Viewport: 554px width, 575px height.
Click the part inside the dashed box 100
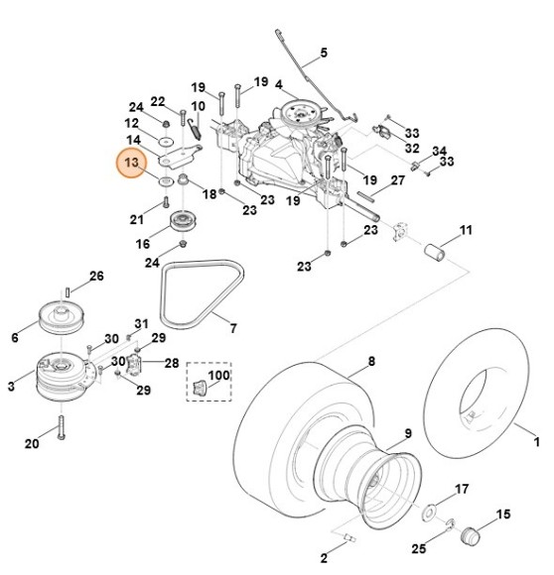pyautogui.click(x=200, y=387)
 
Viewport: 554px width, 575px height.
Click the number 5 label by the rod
pyautogui.click(x=323, y=54)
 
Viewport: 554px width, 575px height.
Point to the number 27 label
pyautogui.click(x=396, y=180)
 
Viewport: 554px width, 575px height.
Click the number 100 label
pyautogui.click(x=216, y=378)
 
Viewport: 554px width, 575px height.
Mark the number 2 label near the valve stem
pyautogui.click(x=323, y=559)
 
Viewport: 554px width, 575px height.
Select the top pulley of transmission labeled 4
pyautogui.click(x=296, y=108)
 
